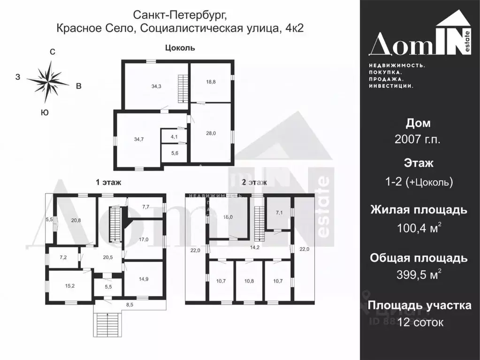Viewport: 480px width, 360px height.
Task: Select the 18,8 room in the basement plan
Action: click(x=211, y=81)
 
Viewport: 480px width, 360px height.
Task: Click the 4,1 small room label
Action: click(x=174, y=137)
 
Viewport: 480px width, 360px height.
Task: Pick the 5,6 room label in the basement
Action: click(x=174, y=153)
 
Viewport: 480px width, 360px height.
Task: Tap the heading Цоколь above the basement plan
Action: click(x=180, y=48)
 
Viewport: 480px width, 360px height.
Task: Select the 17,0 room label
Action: click(x=143, y=239)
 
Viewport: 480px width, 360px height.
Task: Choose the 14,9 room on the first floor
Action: click(x=143, y=279)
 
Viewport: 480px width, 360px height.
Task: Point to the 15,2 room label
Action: click(x=70, y=285)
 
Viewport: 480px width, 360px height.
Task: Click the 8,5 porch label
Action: click(x=130, y=305)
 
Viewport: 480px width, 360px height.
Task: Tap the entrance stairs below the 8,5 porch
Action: click(x=108, y=324)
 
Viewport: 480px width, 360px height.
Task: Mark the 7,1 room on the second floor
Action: click(x=279, y=213)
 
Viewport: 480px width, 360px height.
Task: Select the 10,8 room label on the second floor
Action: click(x=249, y=281)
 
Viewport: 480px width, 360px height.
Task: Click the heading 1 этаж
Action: click(x=109, y=183)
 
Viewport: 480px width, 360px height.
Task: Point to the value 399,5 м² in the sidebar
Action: click(x=419, y=275)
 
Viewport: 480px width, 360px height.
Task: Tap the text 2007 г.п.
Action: click(x=418, y=140)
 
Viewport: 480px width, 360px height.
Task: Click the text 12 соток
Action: click(x=420, y=322)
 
